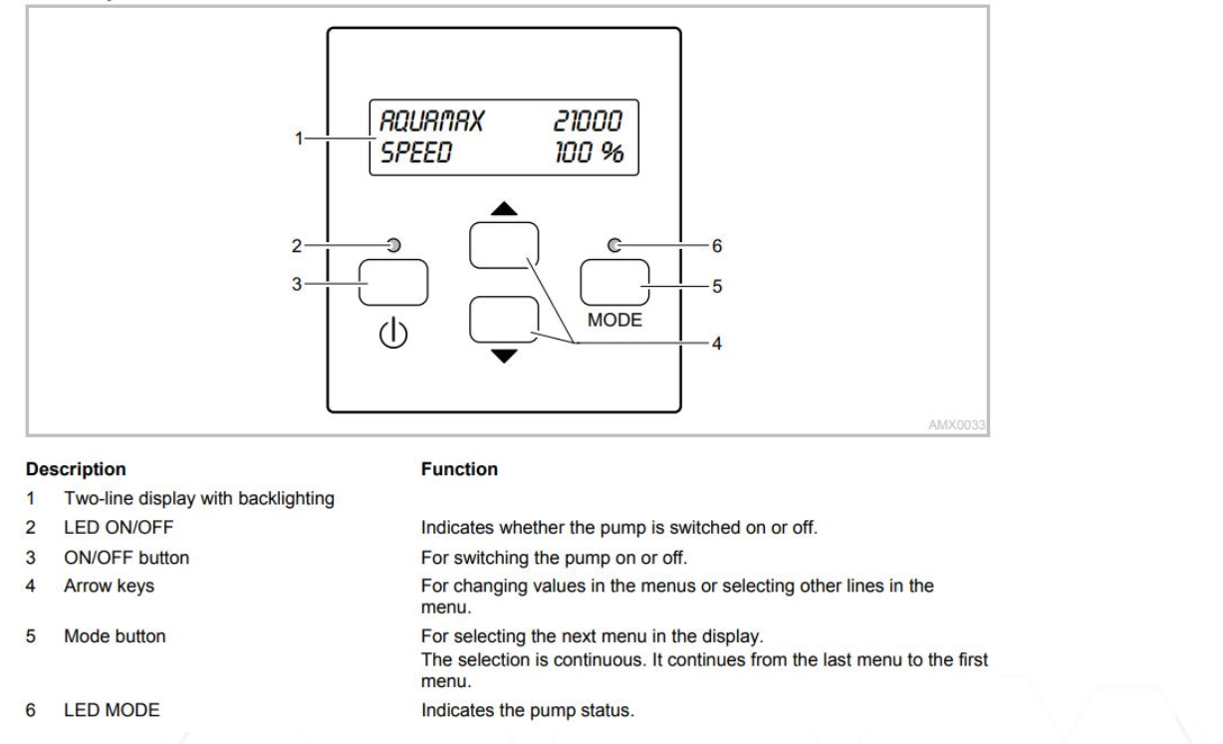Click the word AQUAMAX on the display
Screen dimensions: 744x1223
[429, 123]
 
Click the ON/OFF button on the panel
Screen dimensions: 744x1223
[393, 283]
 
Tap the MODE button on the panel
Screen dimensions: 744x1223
[614, 283]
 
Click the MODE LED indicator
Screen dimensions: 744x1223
[614, 245]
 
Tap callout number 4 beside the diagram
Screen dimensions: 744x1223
[714, 343]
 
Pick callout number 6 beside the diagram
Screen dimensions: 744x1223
[714, 245]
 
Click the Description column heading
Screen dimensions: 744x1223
[76, 468]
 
